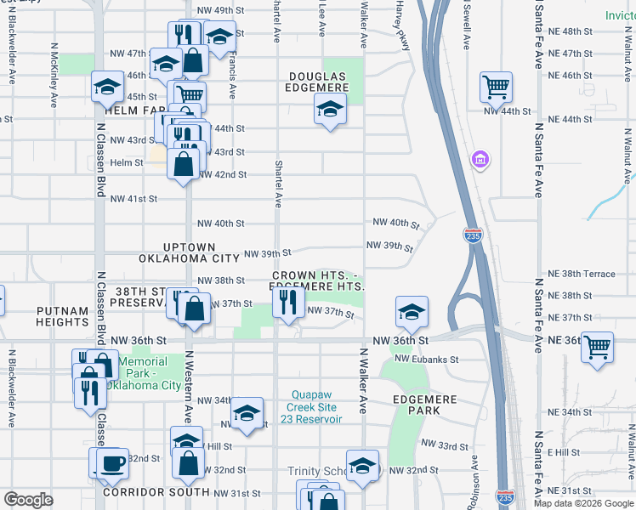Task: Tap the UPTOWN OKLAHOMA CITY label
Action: pos(190,252)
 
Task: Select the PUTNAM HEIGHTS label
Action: pos(63,317)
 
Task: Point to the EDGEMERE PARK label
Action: pos(416,404)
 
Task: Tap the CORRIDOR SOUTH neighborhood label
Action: pos(156,492)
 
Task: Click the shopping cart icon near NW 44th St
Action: pos(496,86)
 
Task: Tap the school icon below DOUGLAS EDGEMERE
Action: pos(330,108)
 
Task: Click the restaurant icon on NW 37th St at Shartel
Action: pos(289,303)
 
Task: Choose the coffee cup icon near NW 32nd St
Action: pos(112,462)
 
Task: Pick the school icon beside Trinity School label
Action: pos(362,466)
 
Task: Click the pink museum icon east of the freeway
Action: pos(480,159)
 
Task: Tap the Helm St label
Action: pos(127,162)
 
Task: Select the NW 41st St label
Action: pos(133,199)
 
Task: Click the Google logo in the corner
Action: pos(29,500)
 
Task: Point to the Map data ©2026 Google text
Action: pos(583,503)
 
